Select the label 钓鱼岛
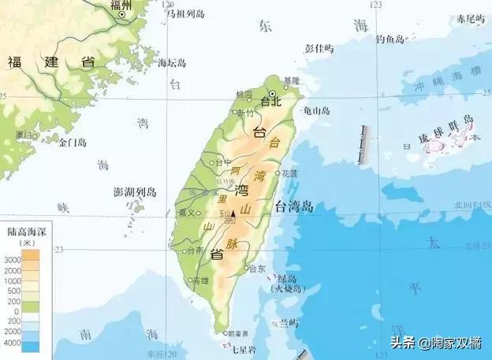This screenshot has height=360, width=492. click(389, 38)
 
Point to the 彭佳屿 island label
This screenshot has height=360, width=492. click(319, 48)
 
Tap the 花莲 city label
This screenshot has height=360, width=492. click(289, 173)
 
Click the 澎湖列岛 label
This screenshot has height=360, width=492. click(136, 192)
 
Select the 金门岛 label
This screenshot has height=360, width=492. click(72, 143)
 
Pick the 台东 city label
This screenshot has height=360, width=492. click(256, 269)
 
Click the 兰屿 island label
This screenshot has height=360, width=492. click(289, 323)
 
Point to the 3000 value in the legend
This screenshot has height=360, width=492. click(12, 259)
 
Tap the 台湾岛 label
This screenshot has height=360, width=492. click(294, 207)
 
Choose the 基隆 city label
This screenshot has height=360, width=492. click(291, 81)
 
